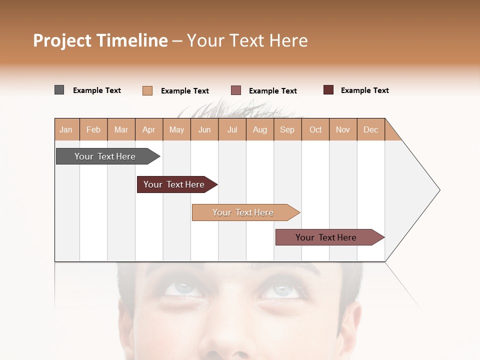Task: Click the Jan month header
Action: [x=66, y=129]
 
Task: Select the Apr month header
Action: [x=149, y=129]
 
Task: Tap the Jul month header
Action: [x=232, y=129]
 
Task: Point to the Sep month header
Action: [x=287, y=129]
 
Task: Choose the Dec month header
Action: [x=370, y=129]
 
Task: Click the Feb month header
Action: [x=93, y=129]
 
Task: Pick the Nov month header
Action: [x=342, y=129]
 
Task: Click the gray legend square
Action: [x=59, y=90]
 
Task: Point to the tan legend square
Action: [x=147, y=90]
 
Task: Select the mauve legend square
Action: [x=236, y=90]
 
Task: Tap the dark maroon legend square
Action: [x=328, y=90]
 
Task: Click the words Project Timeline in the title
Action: [x=100, y=40]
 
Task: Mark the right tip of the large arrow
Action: [x=439, y=190]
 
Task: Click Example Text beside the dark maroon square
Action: [x=364, y=90]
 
